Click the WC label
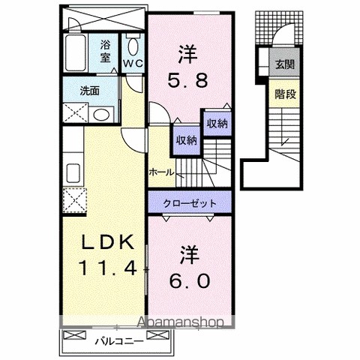[x=133, y=63]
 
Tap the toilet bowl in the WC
[x=133, y=46]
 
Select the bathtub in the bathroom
[x=76, y=53]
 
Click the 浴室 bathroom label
[x=105, y=51]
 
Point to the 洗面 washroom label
[x=90, y=91]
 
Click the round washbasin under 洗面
[x=101, y=115]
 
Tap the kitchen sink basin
[x=73, y=173]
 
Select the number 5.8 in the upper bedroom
[x=187, y=80]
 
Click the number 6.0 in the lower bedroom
[x=189, y=280]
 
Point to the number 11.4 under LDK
[x=108, y=268]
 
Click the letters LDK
[x=108, y=241]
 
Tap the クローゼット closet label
[x=190, y=203]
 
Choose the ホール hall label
[x=161, y=172]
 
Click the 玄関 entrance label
[x=285, y=64]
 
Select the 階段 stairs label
[x=285, y=94]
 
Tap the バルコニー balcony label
[x=119, y=341]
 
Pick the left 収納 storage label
[x=187, y=140]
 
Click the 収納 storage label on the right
[x=217, y=123]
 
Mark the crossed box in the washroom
[x=76, y=112]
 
